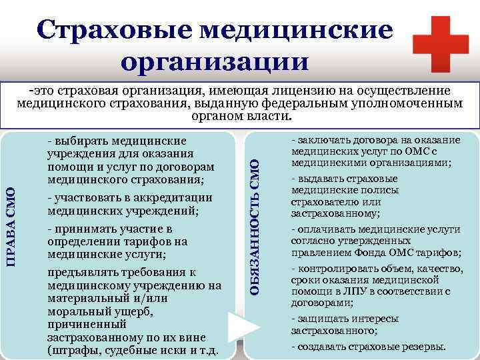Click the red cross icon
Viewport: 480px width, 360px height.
click(x=441, y=41)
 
